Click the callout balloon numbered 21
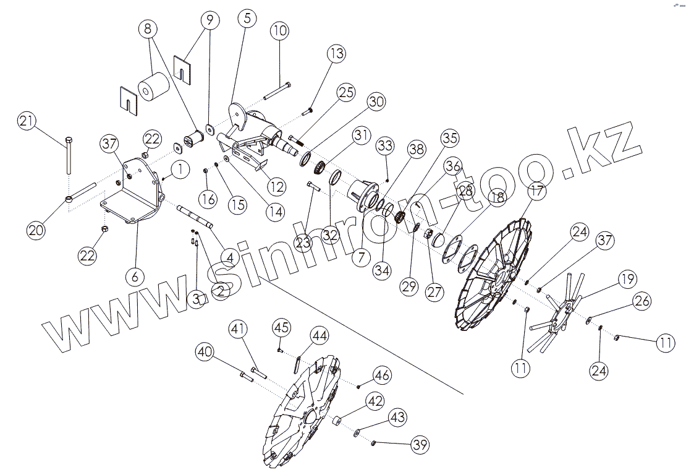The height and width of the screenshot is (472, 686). tap(26, 121)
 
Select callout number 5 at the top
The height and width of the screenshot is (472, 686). tap(247, 18)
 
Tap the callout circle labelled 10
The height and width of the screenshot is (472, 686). tap(279, 30)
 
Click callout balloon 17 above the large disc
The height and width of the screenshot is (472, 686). tap(538, 191)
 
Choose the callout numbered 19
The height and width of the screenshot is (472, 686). tap(626, 280)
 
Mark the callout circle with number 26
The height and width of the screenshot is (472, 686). tap(643, 301)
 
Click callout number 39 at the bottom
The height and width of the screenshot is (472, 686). tap(420, 444)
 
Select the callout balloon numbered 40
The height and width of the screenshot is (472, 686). tap(206, 353)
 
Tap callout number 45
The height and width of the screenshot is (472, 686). tap(282, 327)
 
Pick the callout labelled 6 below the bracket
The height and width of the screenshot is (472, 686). tap(135, 276)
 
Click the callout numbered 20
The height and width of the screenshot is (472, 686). tap(36, 230)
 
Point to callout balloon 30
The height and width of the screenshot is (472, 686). tap(376, 102)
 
